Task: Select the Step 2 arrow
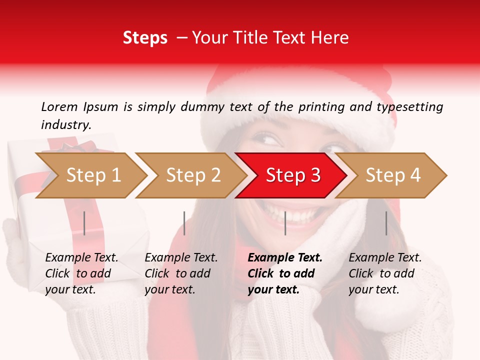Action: click(193, 175)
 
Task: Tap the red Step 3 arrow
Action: click(293, 175)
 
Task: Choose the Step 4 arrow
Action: click(393, 175)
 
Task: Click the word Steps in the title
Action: click(145, 38)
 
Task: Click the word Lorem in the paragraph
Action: click(59, 106)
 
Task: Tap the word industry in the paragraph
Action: click(66, 125)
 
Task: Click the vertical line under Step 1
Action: click(84, 223)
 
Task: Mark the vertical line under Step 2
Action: click(184, 223)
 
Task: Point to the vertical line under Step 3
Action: click(285, 223)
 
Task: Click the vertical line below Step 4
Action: click(386, 223)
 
